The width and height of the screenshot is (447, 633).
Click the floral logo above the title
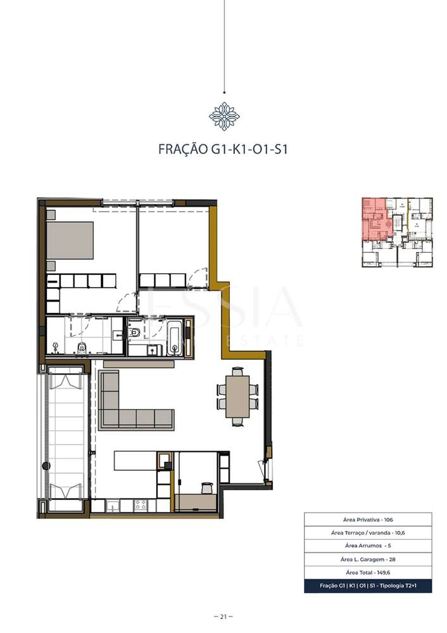click(223, 116)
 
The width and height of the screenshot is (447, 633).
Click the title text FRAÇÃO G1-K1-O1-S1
click(223, 150)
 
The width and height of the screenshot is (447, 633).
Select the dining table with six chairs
click(238, 396)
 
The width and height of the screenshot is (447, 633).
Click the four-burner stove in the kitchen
click(140, 505)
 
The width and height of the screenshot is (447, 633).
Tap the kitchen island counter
click(135, 460)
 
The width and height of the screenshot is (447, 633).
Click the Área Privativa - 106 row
click(368, 519)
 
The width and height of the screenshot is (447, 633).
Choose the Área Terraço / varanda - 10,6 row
click(368, 533)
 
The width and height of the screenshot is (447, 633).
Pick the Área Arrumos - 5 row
click(368, 546)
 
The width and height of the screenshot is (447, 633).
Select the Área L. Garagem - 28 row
click(368, 559)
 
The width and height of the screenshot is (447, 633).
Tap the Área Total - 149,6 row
click(368, 572)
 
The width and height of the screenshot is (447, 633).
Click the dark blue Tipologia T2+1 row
click(368, 586)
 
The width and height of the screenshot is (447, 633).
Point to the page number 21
click(223, 617)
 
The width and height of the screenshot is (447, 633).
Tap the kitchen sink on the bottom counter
click(113, 505)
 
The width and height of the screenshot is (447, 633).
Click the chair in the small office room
click(205, 487)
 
